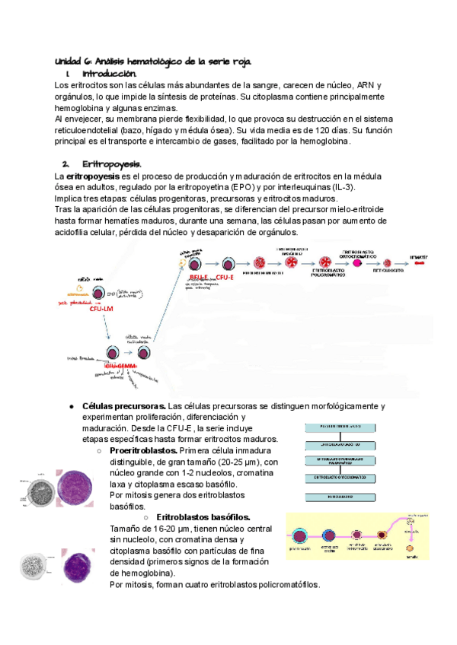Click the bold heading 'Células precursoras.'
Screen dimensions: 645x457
[124, 406]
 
